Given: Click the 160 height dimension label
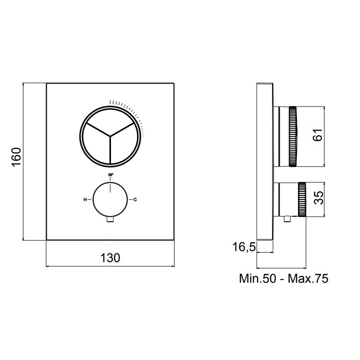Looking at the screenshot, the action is (x=16, y=156).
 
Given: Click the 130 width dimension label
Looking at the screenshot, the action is (x=110, y=258).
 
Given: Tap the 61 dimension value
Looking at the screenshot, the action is (x=318, y=135).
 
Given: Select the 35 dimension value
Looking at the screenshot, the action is (x=318, y=198).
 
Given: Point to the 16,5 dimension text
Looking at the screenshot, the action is (x=244, y=247).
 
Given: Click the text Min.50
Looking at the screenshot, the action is (x=258, y=278).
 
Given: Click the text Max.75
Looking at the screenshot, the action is (x=308, y=278).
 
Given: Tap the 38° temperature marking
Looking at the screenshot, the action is (x=111, y=175).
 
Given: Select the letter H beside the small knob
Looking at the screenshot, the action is (x=85, y=200).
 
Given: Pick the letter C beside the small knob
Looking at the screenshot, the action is (x=135, y=200).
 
